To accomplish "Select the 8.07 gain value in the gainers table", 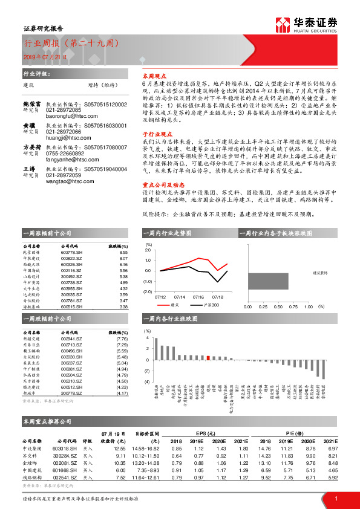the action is pyautogui.click(x=123, y=258).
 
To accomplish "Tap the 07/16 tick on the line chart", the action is pyautogui.click(x=198, y=297).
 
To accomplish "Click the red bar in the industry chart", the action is pyautogui.click(x=208, y=357).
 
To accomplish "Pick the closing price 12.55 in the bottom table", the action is pyautogui.click(x=119, y=449).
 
